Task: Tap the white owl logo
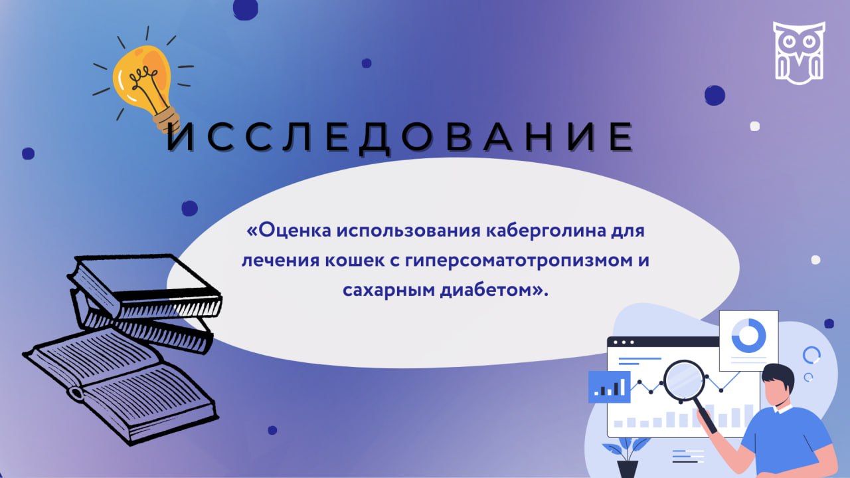click(799, 53)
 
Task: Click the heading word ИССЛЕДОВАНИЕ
click(400, 138)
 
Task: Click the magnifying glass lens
click(684, 380)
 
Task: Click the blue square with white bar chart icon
click(609, 387)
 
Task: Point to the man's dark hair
click(778, 378)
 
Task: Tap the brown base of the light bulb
click(167, 120)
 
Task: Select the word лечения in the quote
click(280, 261)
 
